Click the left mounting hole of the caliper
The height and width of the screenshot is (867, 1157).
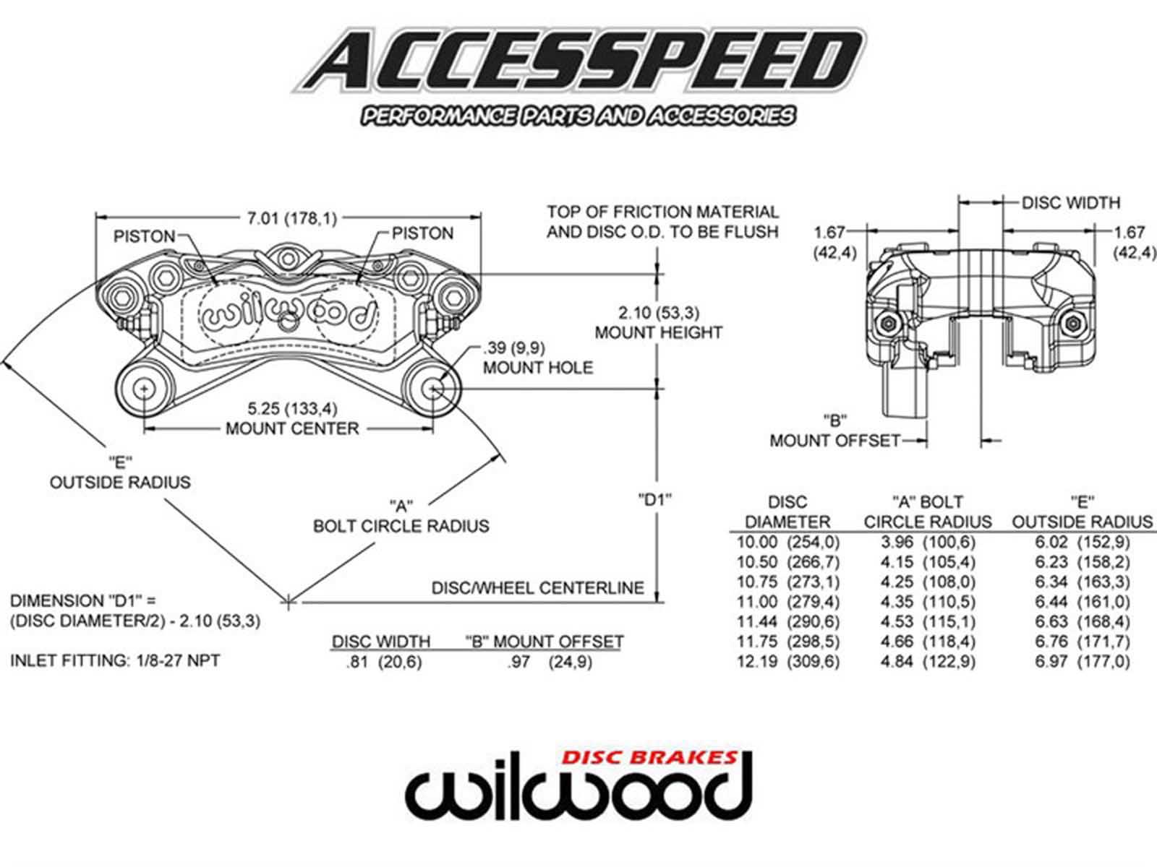click(x=145, y=389)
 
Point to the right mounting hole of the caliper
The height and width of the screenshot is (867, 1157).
click(x=433, y=389)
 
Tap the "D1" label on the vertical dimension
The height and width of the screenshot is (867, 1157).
click(x=655, y=499)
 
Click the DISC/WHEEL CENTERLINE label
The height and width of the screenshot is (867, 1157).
click(x=537, y=588)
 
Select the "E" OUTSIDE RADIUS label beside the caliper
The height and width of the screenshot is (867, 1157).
click(x=120, y=473)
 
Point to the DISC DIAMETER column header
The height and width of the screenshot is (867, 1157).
click(x=787, y=512)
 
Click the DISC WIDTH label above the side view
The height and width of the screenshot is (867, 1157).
click(x=1070, y=203)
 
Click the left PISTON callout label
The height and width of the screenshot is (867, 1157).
click(x=144, y=236)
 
